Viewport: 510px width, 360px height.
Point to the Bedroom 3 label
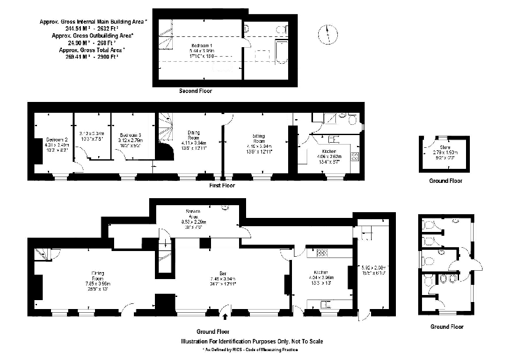click(131, 138)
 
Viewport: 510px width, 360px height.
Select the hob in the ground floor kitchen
click(322, 253)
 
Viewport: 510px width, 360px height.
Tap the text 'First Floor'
click(222, 185)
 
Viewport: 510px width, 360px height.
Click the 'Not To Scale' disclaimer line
click(252, 342)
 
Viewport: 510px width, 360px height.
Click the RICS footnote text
click(250, 350)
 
